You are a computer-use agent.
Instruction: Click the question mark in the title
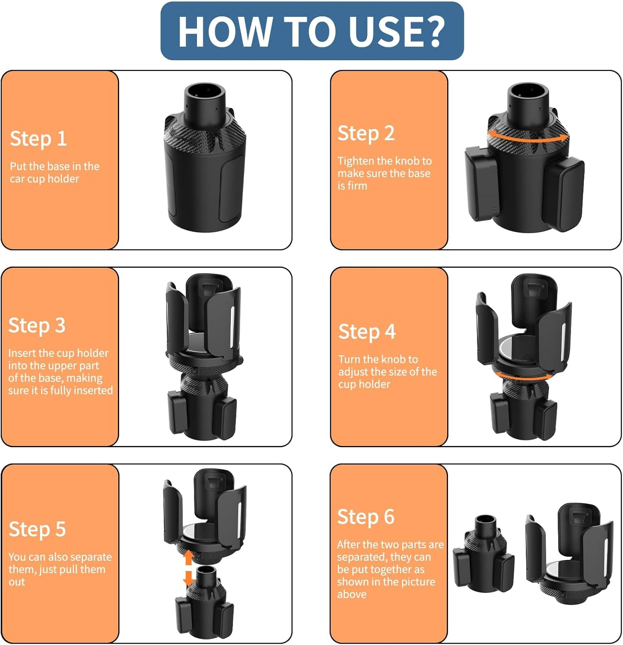[431, 31]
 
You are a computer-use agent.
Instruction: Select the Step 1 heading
[38, 139]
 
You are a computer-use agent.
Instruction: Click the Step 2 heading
[366, 133]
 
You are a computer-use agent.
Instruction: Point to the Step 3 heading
[37, 326]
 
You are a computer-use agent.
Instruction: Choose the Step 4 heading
[367, 332]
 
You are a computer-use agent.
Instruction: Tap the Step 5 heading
[37, 529]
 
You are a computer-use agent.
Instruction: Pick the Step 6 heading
[365, 517]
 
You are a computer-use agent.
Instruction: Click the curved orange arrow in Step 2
[528, 137]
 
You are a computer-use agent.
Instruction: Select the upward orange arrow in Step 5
[188, 558]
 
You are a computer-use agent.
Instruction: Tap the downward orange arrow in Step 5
[188, 578]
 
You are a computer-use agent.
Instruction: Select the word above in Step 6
[352, 594]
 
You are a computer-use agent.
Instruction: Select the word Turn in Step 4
[349, 359]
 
